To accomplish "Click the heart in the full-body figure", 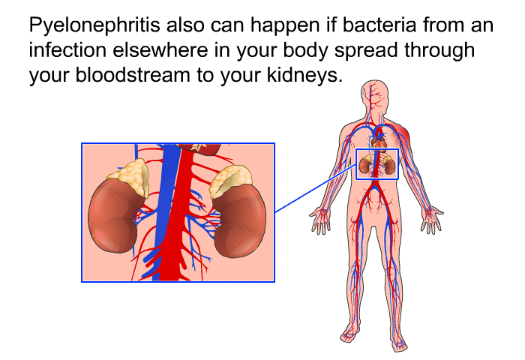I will [x=380, y=139].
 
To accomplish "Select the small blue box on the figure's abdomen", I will [x=376, y=163].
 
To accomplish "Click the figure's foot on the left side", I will [x=350, y=334].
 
